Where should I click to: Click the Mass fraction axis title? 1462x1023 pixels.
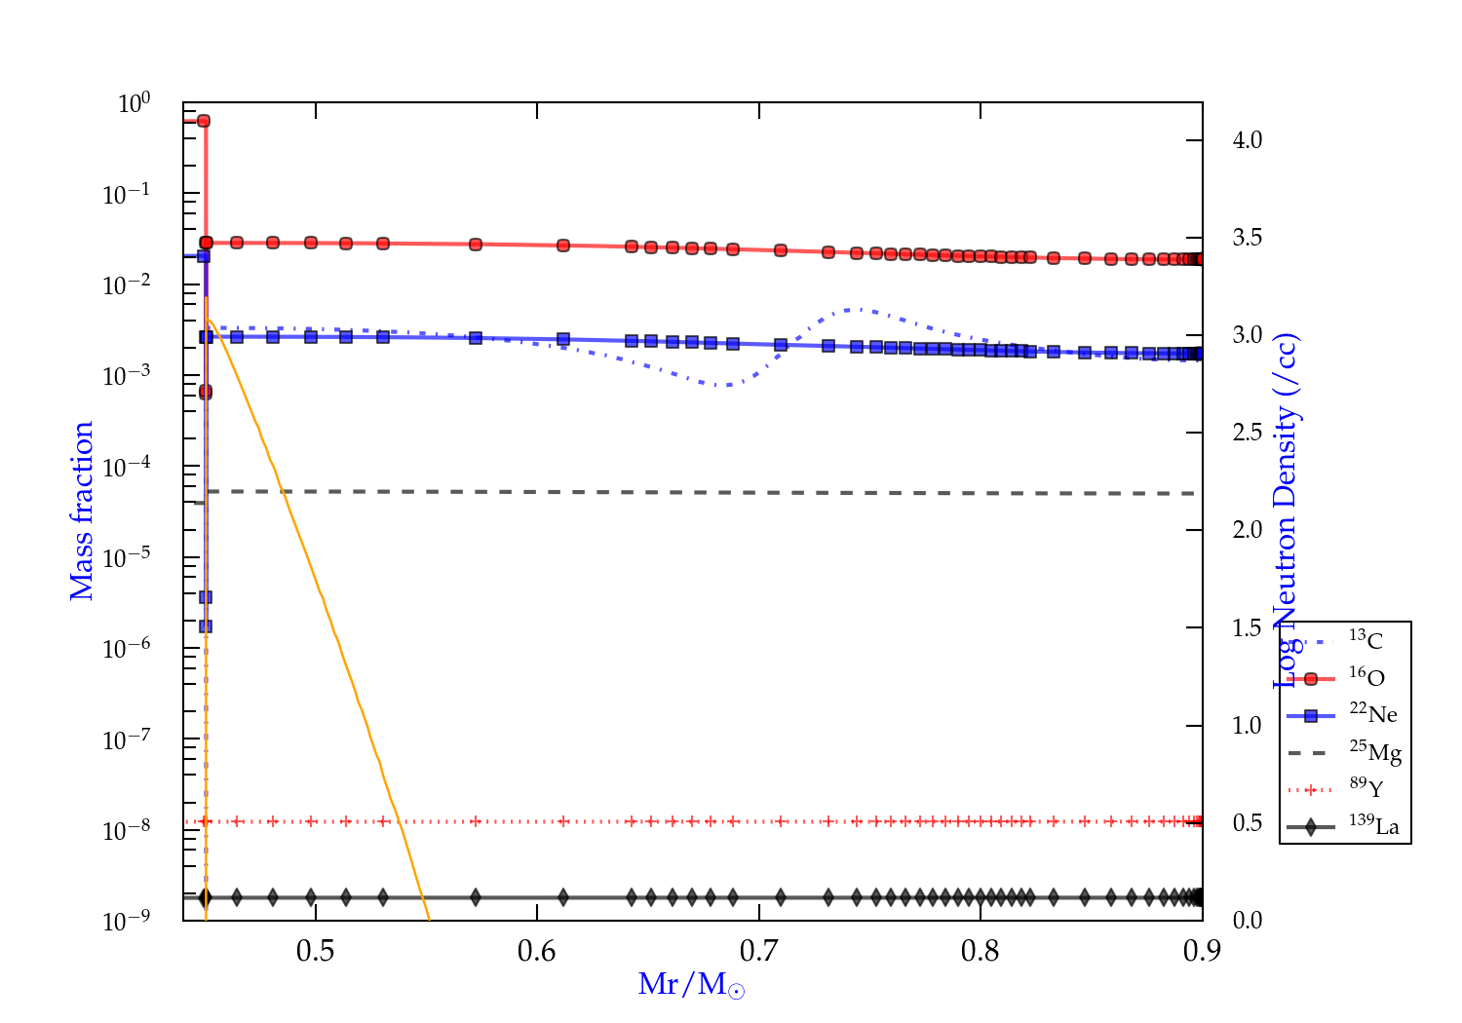(82, 511)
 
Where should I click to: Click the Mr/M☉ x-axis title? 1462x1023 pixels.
(691, 985)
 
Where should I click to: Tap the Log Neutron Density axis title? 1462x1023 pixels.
(1287, 511)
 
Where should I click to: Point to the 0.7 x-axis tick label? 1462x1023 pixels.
(758, 951)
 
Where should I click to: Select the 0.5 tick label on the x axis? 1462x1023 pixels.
(315, 951)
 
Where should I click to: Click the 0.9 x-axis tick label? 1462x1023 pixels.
(1201, 951)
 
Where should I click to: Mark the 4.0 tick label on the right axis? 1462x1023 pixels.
(1247, 140)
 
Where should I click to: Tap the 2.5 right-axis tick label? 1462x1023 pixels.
(1247, 433)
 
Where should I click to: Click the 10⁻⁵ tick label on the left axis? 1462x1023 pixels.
(126, 557)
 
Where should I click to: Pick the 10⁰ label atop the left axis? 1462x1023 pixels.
(134, 102)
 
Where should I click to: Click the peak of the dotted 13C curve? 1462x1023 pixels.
(855, 309)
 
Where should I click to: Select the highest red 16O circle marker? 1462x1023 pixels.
(204, 121)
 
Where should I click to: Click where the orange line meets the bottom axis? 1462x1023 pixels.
(428, 919)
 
